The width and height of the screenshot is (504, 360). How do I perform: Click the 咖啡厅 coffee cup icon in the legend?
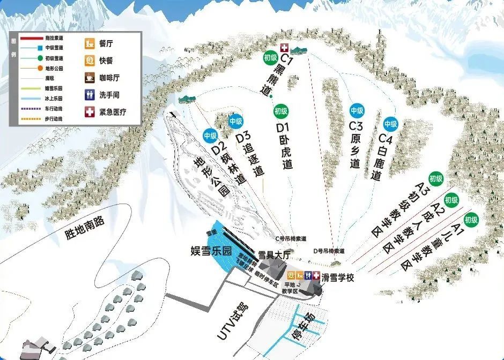point(90,78)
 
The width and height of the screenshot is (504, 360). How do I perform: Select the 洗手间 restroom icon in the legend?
point(90,95)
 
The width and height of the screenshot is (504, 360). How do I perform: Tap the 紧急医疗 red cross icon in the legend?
point(90,112)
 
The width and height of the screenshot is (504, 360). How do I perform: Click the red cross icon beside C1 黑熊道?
point(284,48)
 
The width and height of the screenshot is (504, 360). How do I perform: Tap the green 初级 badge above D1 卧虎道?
point(280,111)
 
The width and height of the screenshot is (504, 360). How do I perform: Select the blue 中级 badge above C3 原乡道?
point(357,111)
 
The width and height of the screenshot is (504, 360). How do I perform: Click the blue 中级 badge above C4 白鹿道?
point(391,124)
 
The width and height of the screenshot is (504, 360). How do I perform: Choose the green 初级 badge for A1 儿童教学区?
point(471,219)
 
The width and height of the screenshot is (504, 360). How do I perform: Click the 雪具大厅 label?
point(274,255)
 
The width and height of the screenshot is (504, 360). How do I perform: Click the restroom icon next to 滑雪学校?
point(308,275)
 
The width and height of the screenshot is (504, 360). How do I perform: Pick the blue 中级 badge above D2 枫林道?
point(210,136)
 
